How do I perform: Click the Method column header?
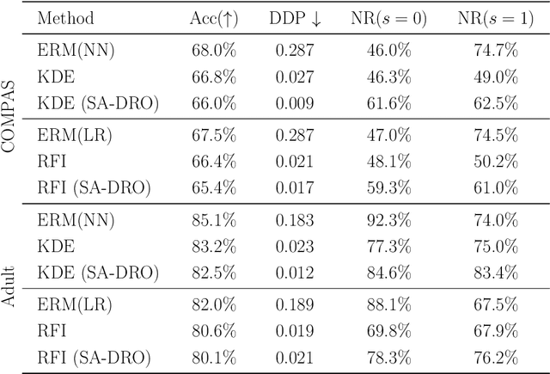[x=65, y=17]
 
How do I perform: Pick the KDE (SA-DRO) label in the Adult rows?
[x=99, y=273]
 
